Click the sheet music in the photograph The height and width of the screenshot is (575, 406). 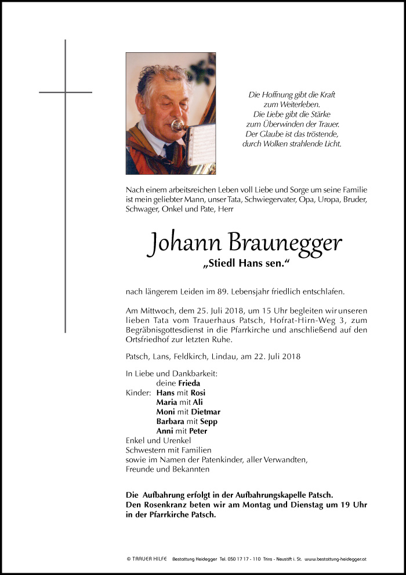200,142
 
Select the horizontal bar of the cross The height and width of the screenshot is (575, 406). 65,92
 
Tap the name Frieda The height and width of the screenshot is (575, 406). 189,383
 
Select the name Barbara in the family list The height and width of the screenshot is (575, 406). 170,421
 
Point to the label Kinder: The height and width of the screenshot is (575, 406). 137,393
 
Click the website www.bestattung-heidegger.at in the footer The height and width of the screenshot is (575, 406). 335,559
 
